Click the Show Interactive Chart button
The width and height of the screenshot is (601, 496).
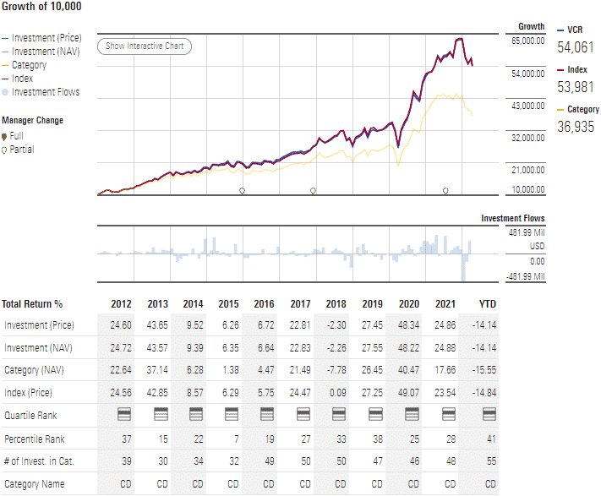tap(145, 46)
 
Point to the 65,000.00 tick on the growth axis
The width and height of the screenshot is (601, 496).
tap(527, 41)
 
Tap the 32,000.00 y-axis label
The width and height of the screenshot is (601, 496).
tap(527, 137)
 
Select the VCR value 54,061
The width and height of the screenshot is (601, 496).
tap(575, 47)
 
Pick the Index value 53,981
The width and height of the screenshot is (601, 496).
tap(575, 86)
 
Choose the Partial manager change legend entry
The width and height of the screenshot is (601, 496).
tap(22, 150)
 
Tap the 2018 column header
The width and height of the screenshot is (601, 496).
tap(336, 304)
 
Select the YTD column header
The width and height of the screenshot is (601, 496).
tap(488, 304)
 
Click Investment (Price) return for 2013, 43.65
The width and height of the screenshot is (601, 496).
tap(157, 325)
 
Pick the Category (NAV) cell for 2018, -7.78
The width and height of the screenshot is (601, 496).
tap(336, 369)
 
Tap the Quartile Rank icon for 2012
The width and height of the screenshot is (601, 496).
tap(122, 414)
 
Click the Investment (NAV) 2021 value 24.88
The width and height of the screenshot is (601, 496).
tap(445, 347)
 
